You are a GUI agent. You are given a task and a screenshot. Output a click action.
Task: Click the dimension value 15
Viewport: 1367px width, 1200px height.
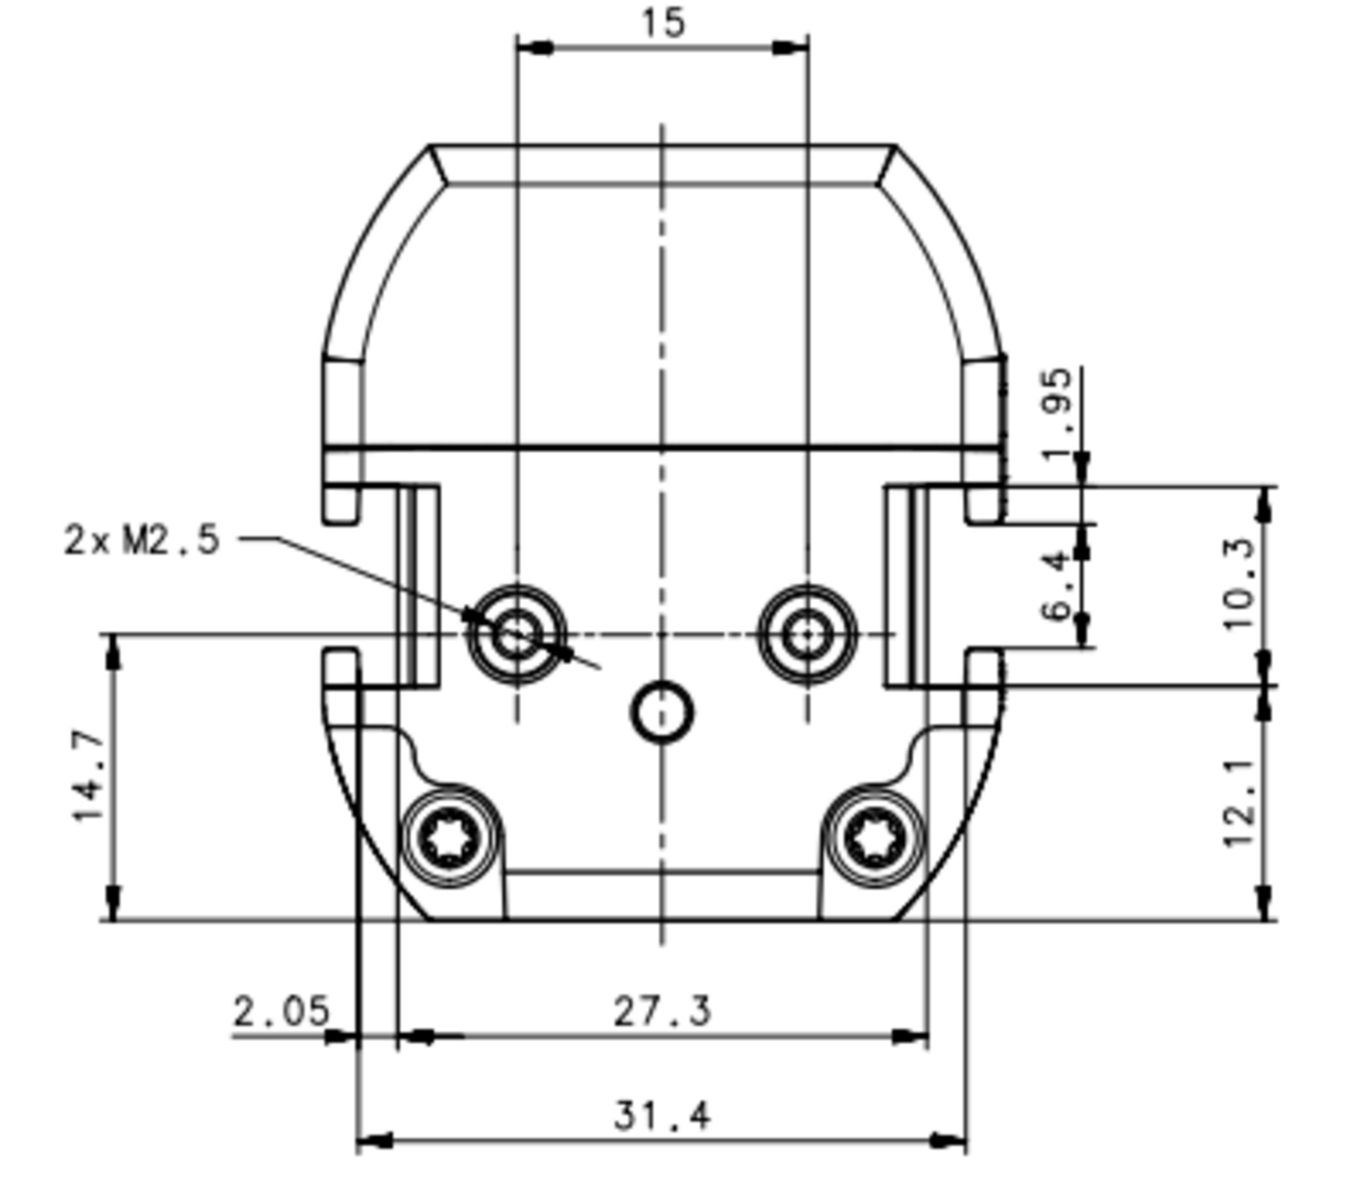tap(663, 23)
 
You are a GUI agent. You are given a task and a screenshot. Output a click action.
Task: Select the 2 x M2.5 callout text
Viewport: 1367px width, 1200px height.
tap(142, 540)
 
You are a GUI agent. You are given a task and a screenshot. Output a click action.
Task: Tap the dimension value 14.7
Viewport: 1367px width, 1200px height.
tap(89, 775)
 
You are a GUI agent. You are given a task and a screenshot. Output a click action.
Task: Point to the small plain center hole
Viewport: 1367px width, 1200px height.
tap(663, 712)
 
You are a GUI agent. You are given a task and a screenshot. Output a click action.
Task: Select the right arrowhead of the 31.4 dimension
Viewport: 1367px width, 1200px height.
tap(948, 1141)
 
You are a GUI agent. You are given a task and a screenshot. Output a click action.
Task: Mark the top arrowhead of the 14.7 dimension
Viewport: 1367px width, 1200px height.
tap(113, 651)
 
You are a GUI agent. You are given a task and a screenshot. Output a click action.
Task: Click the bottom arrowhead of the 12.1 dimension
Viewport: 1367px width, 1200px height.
tap(1264, 903)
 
